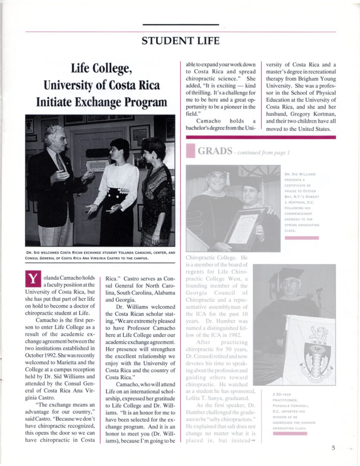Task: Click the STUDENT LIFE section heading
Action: (x=180, y=41)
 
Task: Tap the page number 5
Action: (x=333, y=448)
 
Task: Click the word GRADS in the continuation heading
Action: (x=216, y=151)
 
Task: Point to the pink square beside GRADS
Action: (x=191, y=151)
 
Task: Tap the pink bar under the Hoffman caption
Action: (x=301, y=238)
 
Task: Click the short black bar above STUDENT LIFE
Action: (x=180, y=25)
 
